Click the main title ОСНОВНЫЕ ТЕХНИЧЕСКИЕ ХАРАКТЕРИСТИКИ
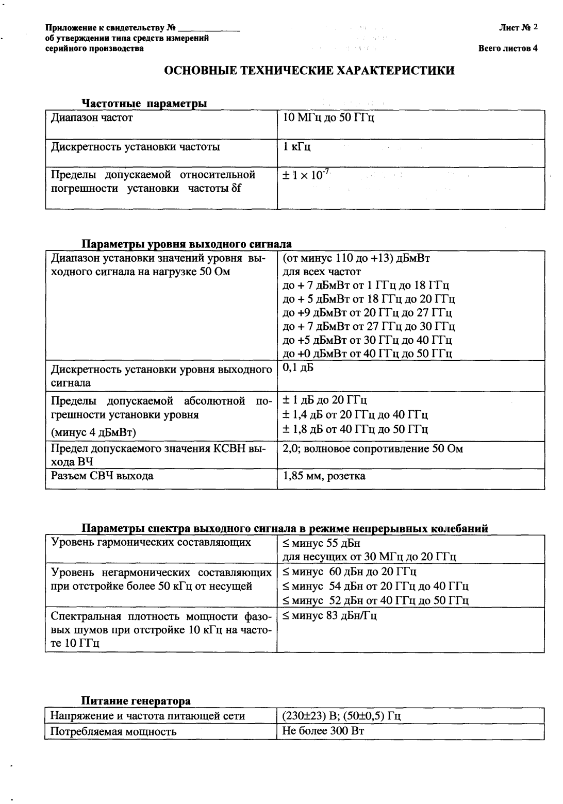point(309,71)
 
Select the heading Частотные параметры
point(144,104)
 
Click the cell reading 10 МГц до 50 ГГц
point(328,118)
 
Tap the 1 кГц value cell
point(297,147)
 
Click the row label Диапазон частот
point(92,118)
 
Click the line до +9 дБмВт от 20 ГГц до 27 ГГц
point(368,312)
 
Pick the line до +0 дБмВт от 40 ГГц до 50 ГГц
point(368,353)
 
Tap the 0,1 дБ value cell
point(298,368)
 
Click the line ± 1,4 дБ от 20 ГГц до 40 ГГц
point(355,414)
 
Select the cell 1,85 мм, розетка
point(324,476)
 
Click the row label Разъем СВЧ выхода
point(102,476)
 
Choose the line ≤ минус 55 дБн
point(321,543)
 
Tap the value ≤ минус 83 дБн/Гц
point(330,615)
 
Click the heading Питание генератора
point(136,701)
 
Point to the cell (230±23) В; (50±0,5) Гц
point(342,716)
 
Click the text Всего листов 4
point(508,49)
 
